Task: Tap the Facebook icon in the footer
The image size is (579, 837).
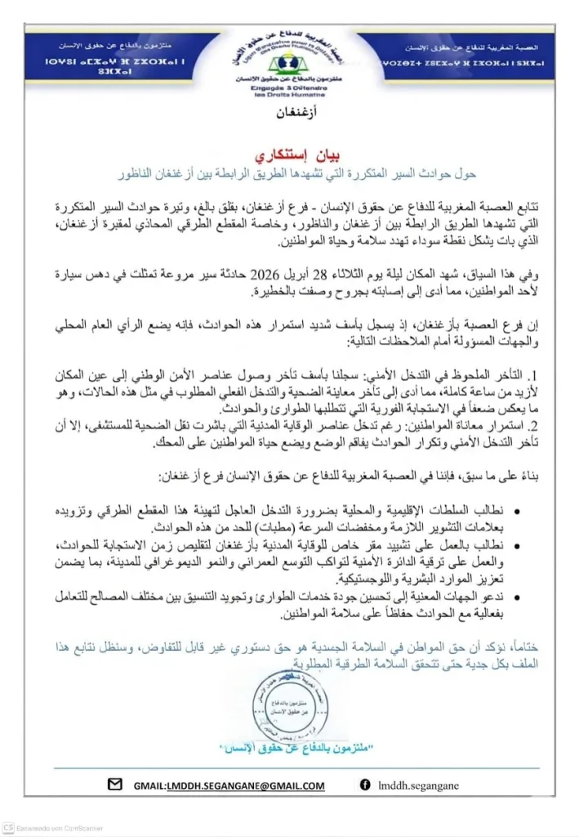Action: coord(363,786)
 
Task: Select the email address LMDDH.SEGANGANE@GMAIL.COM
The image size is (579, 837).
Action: coord(229,786)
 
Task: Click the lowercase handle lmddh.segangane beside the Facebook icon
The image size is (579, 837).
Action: coord(419,786)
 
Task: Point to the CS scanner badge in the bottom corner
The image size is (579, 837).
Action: coord(9,828)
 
